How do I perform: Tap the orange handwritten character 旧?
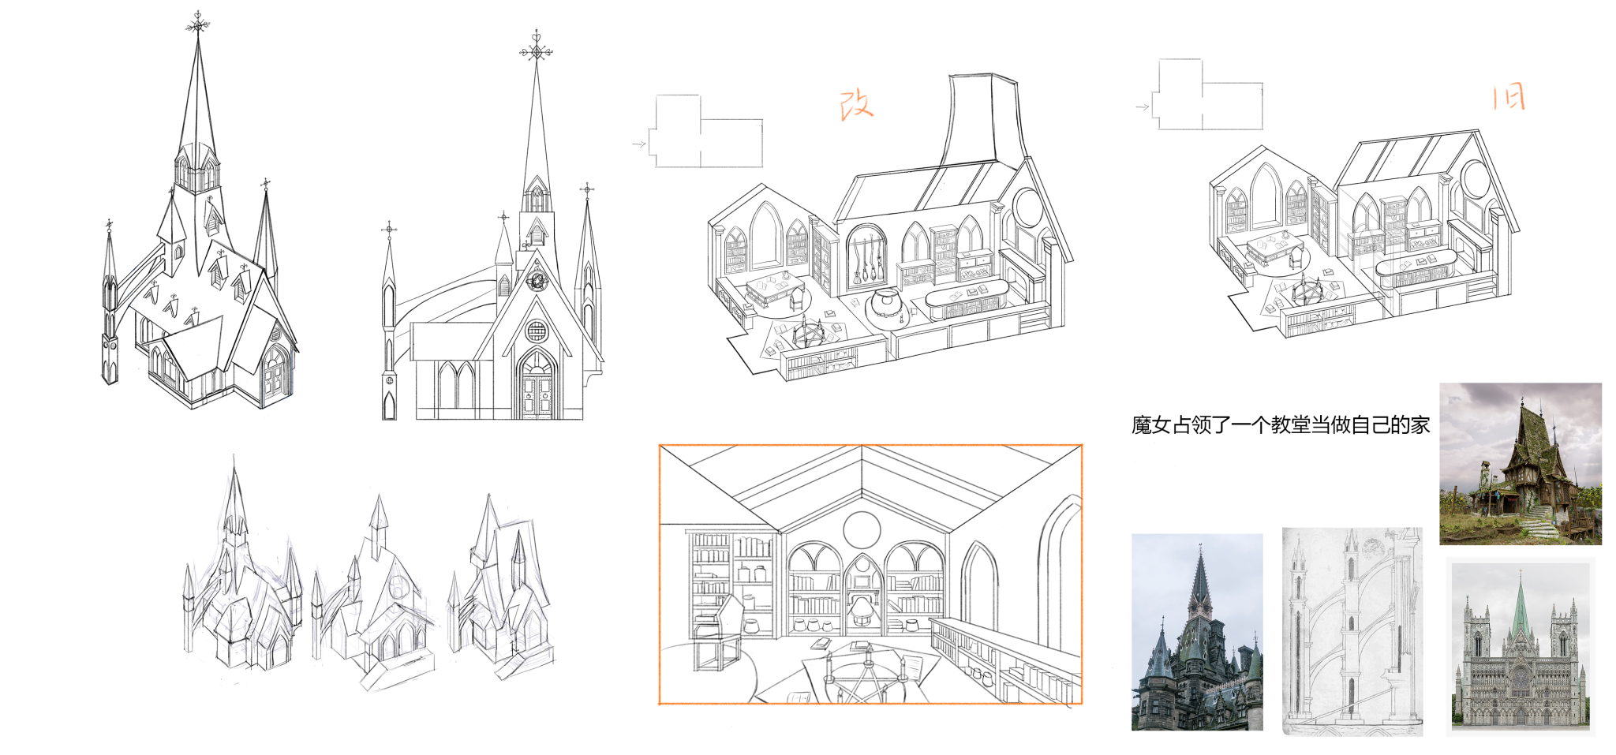point(1509,98)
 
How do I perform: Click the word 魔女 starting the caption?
point(1151,425)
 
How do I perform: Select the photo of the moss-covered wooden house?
point(1521,464)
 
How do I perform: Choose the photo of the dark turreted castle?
point(1197,632)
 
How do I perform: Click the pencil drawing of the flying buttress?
point(1352,631)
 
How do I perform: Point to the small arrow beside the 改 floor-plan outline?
point(639,144)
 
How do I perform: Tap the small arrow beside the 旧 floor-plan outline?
point(1142,107)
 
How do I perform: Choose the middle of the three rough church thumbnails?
point(374,593)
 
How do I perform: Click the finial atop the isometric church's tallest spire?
point(197,23)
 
